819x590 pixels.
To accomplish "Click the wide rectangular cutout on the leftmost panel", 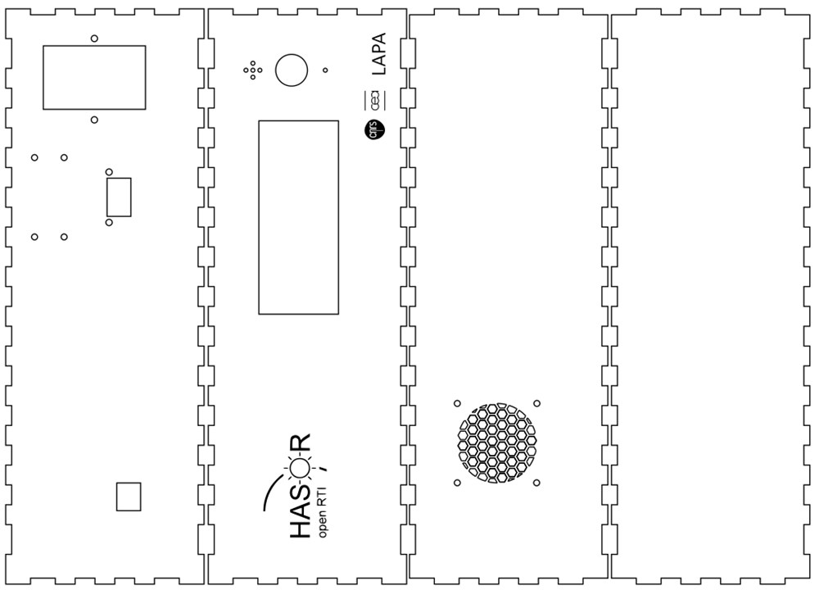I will pyautogui.click(x=94, y=77).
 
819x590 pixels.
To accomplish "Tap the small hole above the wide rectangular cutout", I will pyautogui.click(x=95, y=39).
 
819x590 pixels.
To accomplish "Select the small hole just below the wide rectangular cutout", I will pyautogui.click(x=95, y=120).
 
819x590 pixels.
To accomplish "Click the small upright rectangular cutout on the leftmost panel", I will pyautogui.click(x=119, y=197).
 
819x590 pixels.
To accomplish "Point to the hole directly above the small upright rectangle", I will pyautogui.click(x=110, y=172).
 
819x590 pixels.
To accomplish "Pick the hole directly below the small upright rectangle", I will pyautogui.click(x=110, y=222).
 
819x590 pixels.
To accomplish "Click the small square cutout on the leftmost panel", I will pyautogui.click(x=129, y=497).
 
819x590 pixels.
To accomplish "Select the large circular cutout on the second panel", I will pyautogui.click(x=290, y=70).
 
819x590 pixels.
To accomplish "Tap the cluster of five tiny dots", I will pyautogui.click(x=252, y=70).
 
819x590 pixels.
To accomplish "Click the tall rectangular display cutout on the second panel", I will pyautogui.click(x=298, y=217).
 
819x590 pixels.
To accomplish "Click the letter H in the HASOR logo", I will pyautogui.click(x=301, y=528).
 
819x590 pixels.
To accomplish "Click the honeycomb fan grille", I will pyautogui.click(x=496, y=442).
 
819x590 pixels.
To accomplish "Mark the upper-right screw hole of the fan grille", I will pyautogui.click(x=536, y=403).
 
